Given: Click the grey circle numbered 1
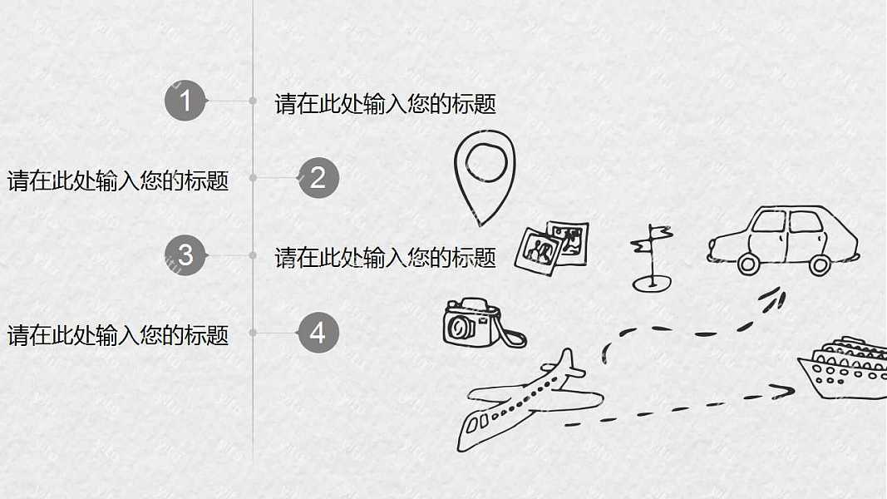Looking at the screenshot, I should (185, 101).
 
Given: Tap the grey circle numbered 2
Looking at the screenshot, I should (318, 178).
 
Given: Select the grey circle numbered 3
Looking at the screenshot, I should (185, 254).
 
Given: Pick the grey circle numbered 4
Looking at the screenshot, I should (318, 333).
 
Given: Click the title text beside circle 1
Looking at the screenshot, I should (386, 104).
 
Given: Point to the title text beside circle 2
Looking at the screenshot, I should (118, 180).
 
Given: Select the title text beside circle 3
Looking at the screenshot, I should (386, 258).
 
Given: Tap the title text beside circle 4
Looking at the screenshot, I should (118, 336).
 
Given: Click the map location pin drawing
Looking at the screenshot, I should (485, 175).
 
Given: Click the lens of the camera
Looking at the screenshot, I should (458, 328).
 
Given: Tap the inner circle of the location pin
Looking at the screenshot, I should (485, 161).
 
